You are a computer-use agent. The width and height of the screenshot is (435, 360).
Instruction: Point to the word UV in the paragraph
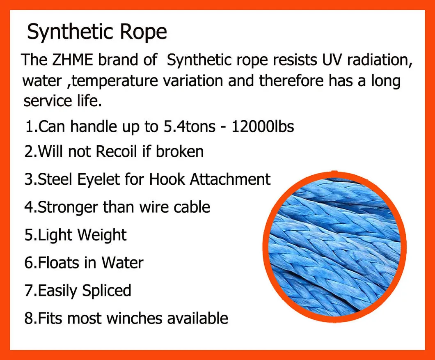click(x=327, y=60)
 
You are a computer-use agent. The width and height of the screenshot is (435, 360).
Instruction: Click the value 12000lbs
click(x=263, y=126)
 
